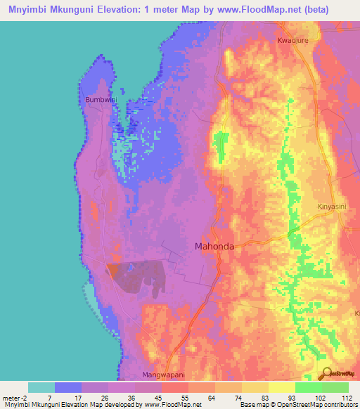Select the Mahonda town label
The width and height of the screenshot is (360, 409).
tap(214, 247)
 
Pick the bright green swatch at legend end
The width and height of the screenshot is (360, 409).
tap(335, 387)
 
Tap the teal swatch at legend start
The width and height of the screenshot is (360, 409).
tap(41, 387)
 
